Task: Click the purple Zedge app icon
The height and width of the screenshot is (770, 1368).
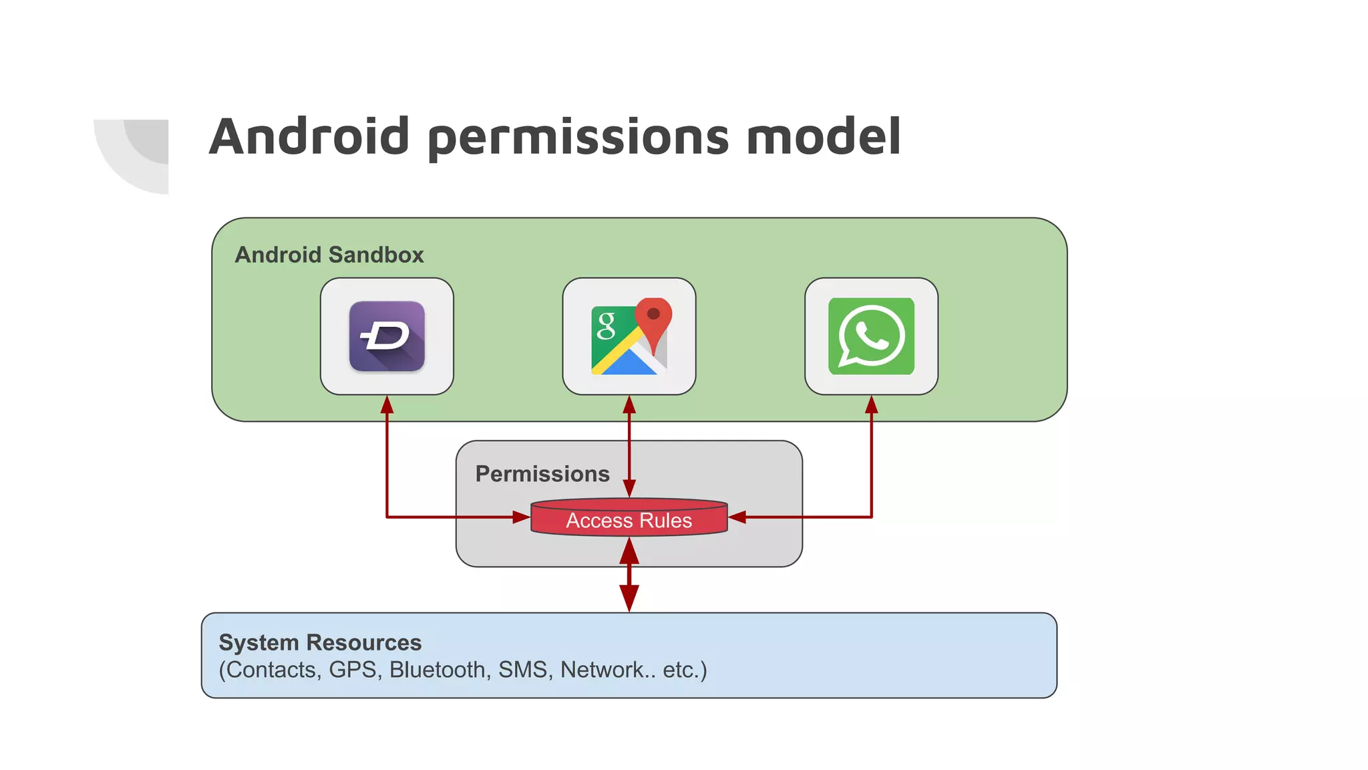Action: [x=387, y=336]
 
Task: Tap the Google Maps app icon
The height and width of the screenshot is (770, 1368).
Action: [x=629, y=336]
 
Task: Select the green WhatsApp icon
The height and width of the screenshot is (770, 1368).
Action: [x=871, y=336]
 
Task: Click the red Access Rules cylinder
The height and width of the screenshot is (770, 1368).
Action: [x=629, y=519]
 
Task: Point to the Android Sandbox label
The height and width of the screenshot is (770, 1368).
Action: [x=329, y=255]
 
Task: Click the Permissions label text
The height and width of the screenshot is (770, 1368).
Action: [x=542, y=474]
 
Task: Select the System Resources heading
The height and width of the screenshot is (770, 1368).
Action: [x=320, y=642]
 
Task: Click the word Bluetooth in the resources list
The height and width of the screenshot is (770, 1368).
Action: [x=438, y=670]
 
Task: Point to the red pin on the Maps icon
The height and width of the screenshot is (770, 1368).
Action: [x=653, y=318]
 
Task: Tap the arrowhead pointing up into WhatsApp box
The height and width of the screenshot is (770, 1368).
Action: [x=871, y=404]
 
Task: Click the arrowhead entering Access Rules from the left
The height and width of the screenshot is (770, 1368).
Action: [x=521, y=517]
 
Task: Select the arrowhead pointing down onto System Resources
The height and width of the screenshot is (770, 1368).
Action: [x=629, y=598]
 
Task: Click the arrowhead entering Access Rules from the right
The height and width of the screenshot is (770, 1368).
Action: [x=737, y=517]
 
